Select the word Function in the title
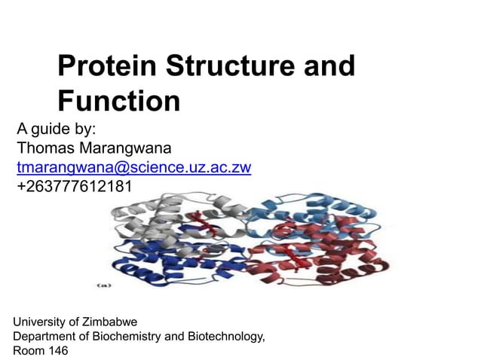tap(119, 100)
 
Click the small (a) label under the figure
tap(105, 285)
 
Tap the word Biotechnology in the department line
tap(224, 336)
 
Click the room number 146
tap(57, 350)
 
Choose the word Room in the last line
tap(29, 350)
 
